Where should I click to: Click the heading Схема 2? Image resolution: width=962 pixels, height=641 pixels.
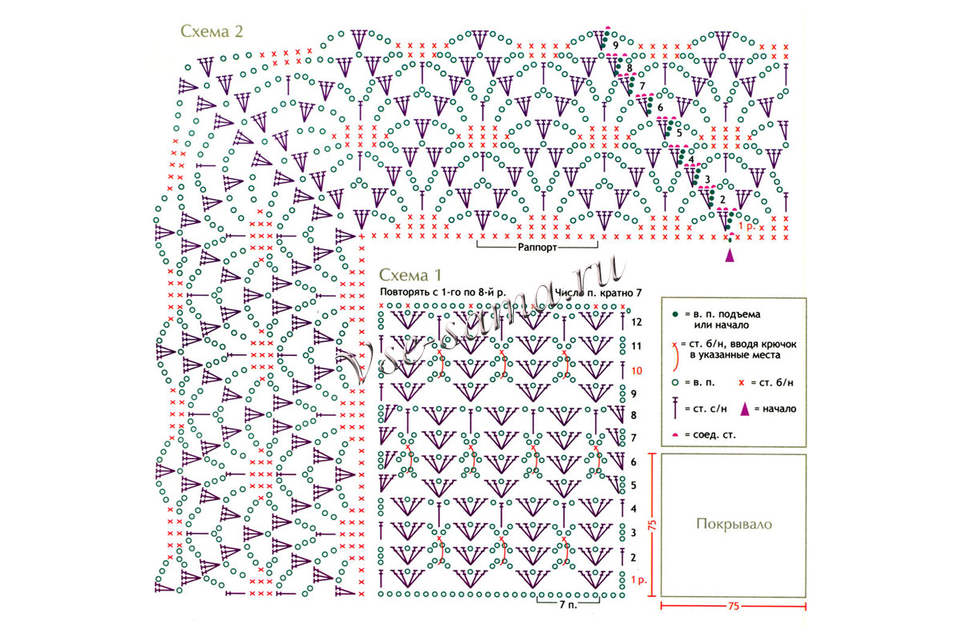click(x=212, y=31)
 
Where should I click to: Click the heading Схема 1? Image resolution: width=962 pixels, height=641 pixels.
click(x=410, y=275)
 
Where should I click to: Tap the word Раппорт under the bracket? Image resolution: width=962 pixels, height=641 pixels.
click(x=537, y=248)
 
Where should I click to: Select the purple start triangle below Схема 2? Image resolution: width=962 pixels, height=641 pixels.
click(x=730, y=256)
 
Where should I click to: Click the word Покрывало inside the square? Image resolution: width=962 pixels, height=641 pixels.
click(x=734, y=524)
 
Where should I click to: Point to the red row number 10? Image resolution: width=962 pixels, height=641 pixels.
click(x=637, y=370)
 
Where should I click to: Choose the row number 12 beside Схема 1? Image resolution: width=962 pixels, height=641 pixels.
click(x=637, y=322)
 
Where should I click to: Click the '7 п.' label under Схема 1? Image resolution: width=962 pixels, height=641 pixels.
click(x=568, y=604)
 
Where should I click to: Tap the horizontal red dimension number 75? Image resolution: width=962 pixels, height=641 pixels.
click(x=734, y=606)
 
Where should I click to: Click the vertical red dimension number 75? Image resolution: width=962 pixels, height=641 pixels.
click(x=653, y=525)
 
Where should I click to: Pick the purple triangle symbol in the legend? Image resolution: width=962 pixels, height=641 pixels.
click(x=745, y=409)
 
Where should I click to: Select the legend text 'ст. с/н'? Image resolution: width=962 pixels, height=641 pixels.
click(x=710, y=409)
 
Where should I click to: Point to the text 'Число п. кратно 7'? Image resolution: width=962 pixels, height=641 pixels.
click(x=598, y=292)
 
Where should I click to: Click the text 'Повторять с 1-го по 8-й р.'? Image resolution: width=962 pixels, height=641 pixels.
click(x=443, y=292)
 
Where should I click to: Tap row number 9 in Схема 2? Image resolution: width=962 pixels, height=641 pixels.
click(x=616, y=46)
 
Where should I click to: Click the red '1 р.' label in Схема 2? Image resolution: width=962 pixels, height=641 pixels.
click(x=746, y=226)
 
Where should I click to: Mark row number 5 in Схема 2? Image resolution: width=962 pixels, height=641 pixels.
click(x=680, y=134)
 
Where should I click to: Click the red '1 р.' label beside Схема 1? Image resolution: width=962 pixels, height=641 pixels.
click(x=639, y=580)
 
